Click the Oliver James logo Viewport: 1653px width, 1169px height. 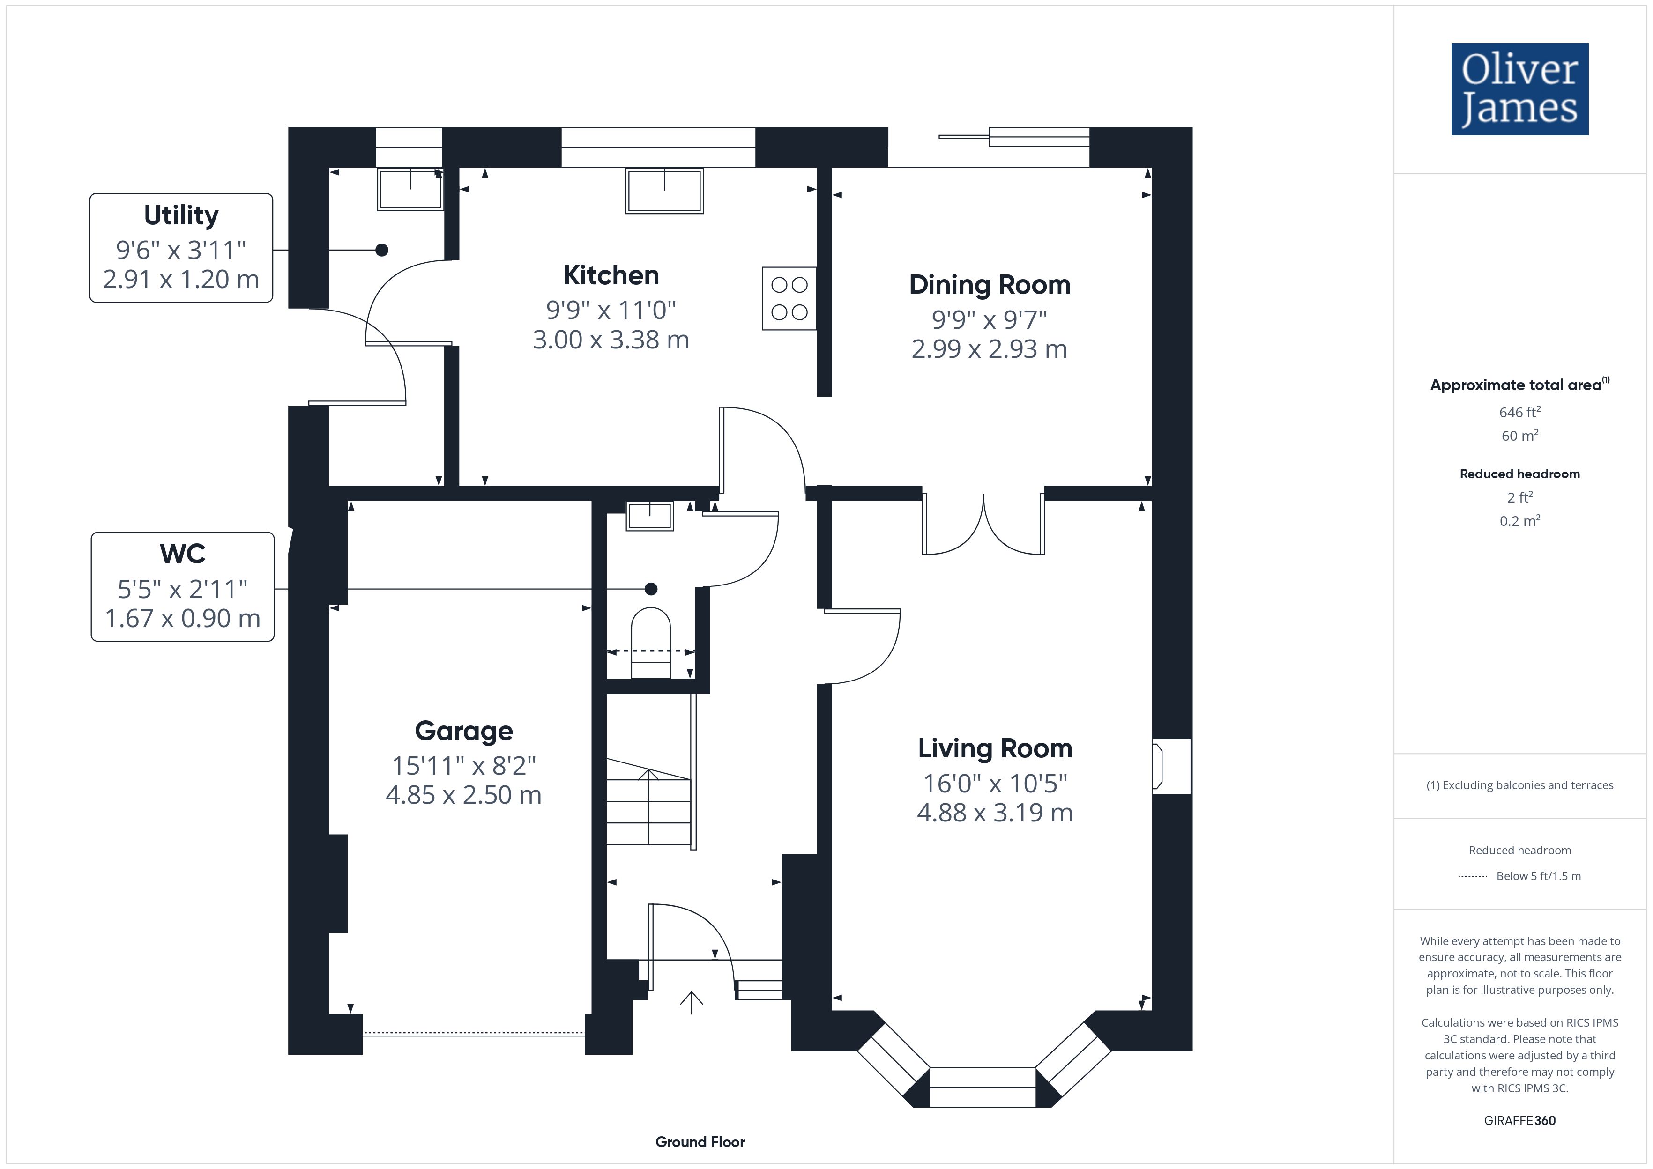[x=1519, y=89]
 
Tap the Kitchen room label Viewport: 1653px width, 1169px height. [x=611, y=275]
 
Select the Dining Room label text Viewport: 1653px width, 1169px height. [x=989, y=285]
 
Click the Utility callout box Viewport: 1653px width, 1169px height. [x=181, y=248]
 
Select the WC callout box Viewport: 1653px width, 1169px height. [x=183, y=587]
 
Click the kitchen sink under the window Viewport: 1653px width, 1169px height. [x=664, y=191]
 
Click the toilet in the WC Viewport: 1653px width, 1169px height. [x=651, y=643]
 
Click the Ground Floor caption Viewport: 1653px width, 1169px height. [x=700, y=1142]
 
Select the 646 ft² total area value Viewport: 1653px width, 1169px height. [x=1520, y=412]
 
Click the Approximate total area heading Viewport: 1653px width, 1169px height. [x=1519, y=385]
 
